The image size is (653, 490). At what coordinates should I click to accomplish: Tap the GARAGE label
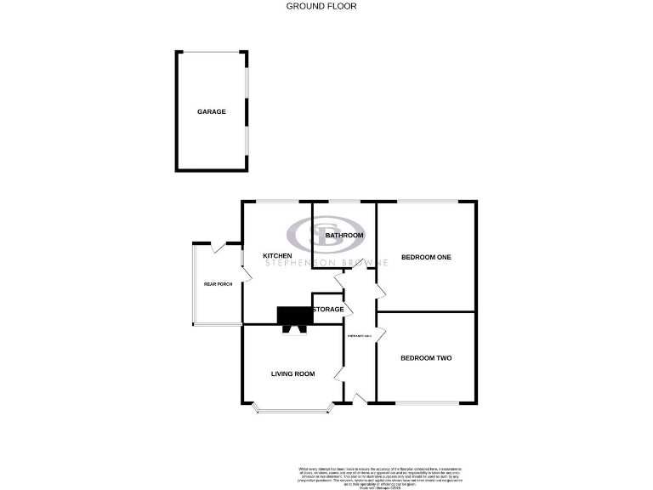(212, 111)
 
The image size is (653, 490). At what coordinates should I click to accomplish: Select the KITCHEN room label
(277, 256)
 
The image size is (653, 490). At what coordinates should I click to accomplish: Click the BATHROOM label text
(344, 236)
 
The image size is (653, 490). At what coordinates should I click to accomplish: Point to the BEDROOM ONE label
(426, 258)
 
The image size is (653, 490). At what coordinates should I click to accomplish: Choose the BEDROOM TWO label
(426, 358)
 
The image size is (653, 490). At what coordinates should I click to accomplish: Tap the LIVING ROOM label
(293, 373)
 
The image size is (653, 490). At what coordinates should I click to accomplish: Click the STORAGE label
(328, 309)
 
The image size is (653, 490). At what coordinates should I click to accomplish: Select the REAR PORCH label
(218, 284)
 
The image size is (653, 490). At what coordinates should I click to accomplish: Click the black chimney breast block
(295, 315)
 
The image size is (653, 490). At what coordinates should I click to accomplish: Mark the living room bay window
(293, 412)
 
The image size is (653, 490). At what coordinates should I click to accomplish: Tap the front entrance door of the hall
(361, 398)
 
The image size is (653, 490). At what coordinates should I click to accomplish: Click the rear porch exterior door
(219, 248)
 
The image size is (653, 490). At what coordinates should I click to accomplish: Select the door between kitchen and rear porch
(247, 272)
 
